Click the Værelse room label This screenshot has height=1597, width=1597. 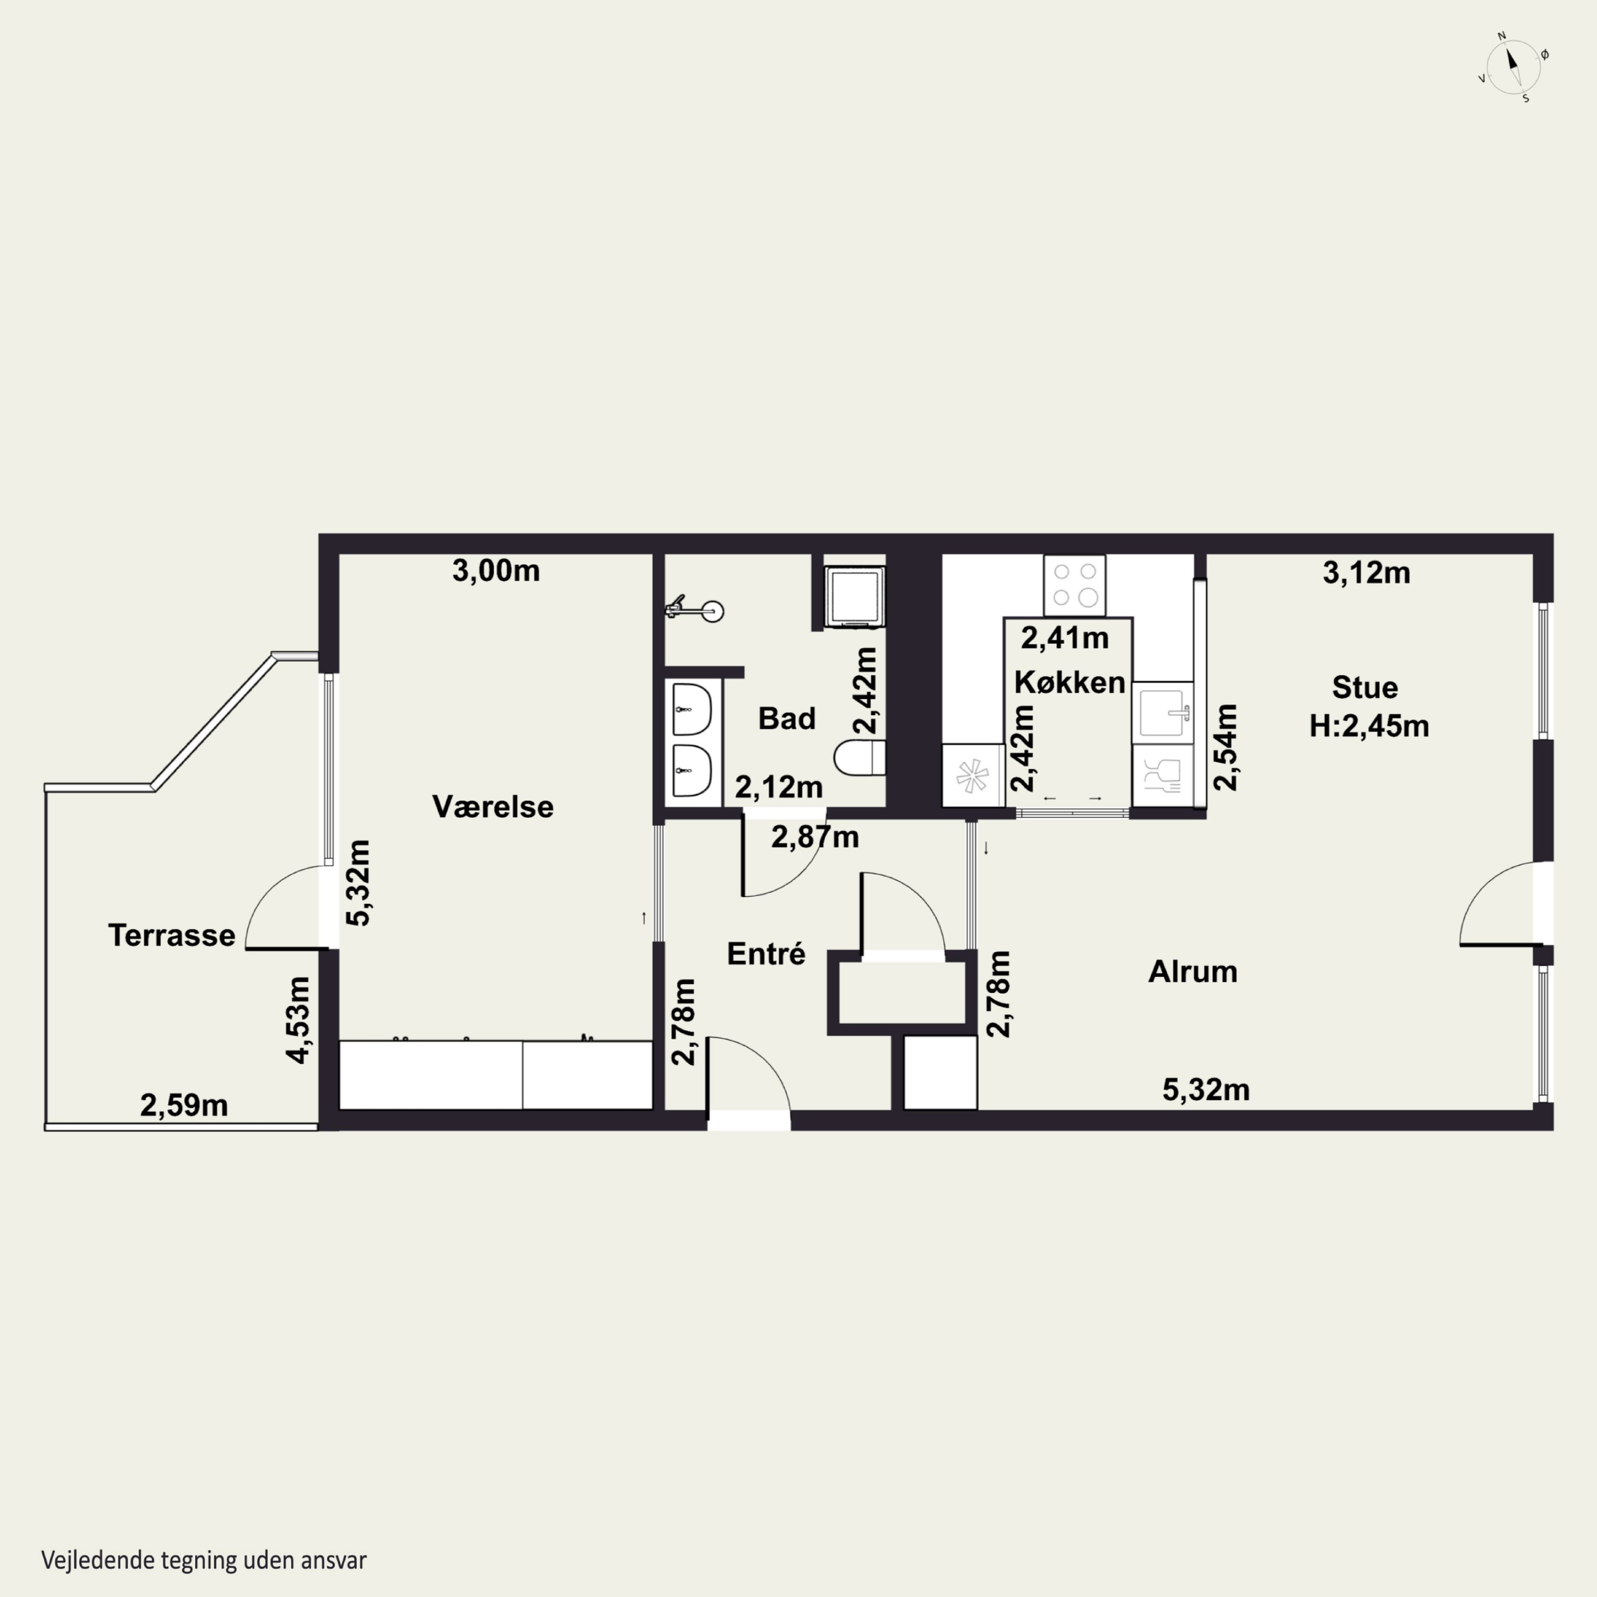(x=492, y=807)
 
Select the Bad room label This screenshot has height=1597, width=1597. (x=787, y=718)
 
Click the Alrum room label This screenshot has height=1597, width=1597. (x=1193, y=972)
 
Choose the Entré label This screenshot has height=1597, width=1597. (x=766, y=954)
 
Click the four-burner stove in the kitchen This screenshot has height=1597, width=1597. (x=1075, y=585)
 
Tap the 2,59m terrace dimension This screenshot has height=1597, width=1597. (x=184, y=1105)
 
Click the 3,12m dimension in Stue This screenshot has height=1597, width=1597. (x=1366, y=573)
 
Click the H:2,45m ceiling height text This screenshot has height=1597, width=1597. (x=1369, y=726)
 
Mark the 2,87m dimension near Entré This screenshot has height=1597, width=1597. (x=815, y=837)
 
